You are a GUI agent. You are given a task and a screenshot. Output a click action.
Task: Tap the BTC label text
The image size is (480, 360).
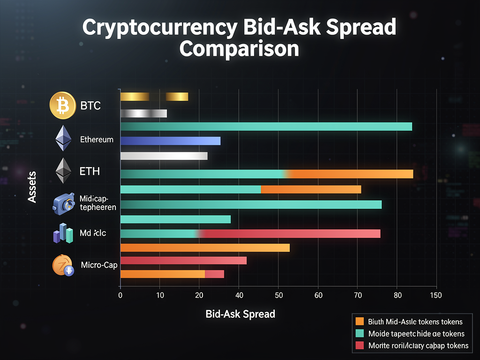[90, 106]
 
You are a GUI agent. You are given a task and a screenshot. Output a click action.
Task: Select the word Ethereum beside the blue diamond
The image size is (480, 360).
[97, 139]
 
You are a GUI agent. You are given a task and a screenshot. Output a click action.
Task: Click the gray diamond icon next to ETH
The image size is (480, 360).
[62, 171]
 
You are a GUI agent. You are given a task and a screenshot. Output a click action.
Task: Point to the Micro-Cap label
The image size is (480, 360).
[99, 265]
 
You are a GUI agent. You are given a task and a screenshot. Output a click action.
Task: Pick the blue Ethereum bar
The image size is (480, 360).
[170, 141]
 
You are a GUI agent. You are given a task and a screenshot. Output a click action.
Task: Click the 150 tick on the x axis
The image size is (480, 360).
[436, 295]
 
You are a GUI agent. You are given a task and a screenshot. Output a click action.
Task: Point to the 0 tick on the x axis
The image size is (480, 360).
[120, 295]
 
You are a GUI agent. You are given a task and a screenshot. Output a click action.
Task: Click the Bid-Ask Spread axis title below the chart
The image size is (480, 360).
[240, 314]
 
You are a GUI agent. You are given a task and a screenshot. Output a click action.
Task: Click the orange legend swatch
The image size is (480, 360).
[360, 322]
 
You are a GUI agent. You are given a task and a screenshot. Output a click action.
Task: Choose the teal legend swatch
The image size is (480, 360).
[360, 334]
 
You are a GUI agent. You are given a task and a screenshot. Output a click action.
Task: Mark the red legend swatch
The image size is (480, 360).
[360, 346]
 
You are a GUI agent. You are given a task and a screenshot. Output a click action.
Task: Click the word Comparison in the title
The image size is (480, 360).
[239, 48]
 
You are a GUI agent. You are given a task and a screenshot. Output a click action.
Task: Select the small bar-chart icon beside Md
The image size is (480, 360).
[63, 233]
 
